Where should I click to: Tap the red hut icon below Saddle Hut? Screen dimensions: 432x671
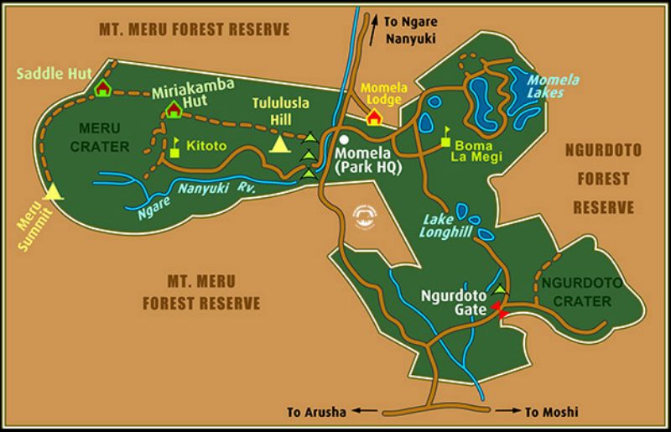[x=103, y=88]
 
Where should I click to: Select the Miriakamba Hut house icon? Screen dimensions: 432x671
[x=174, y=110]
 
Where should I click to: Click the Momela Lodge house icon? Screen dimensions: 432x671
[x=374, y=117]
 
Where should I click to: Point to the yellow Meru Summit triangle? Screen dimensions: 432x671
[x=55, y=192]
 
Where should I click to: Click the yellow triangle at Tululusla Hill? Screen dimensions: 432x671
[x=278, y=145]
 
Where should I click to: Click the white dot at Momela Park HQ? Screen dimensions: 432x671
[x=344, y=140]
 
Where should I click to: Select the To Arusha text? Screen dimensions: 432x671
[x=315, y=413]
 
